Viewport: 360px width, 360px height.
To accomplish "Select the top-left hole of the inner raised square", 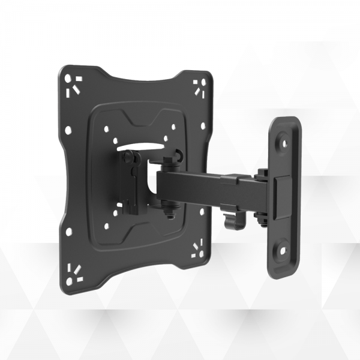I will point(107,127).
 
